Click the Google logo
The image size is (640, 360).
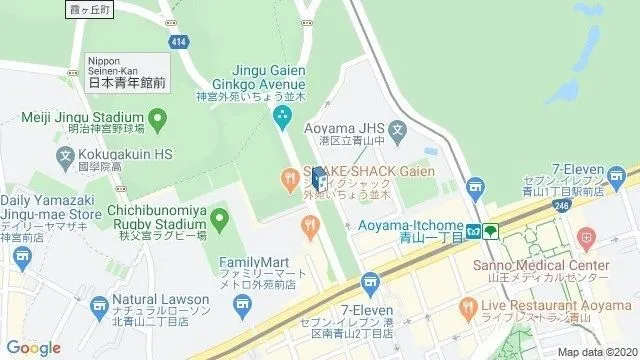[34, 347]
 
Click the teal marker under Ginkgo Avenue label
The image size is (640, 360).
[282, 118]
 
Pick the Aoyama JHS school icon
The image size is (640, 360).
[397, 130]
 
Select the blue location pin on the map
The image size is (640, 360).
[317, 180]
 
